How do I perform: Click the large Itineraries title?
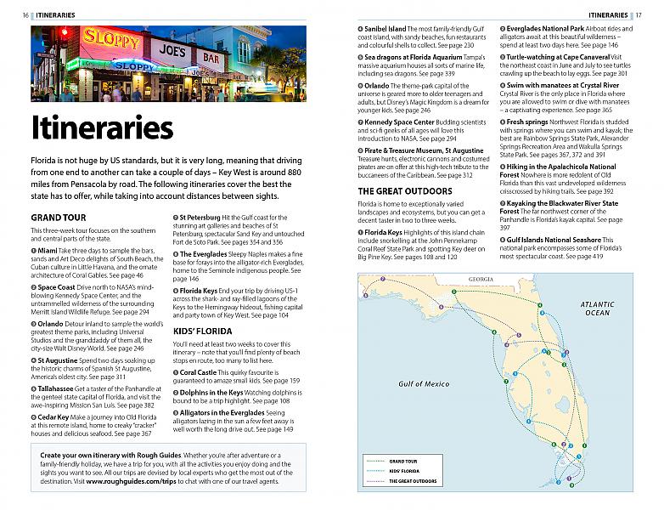click(x=102, y=127)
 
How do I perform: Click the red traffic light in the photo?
click(x=64, y=34)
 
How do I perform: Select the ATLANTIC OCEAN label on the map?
click(x=595, y=308)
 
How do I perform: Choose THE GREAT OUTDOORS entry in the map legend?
click(x=411, y=481)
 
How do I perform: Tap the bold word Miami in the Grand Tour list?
click(x=47, y=252)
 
